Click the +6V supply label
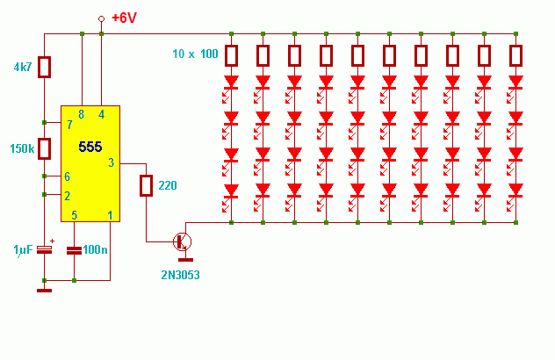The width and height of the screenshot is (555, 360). tap(124, 18)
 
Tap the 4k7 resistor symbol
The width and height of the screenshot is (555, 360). tap(44, 67)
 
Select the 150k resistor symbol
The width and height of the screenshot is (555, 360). tap(44, 148)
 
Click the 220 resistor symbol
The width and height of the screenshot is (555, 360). tap(146, 185)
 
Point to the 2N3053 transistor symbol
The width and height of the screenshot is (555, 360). tap(183, 242)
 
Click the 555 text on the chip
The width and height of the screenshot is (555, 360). tap(90, 147)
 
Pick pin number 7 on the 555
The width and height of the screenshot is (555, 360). tap(69, 125)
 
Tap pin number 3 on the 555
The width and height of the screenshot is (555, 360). tap(112, 162)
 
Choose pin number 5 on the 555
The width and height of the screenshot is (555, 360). tap(75, 215)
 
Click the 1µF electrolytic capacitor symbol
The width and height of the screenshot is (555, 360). tap(44, 249)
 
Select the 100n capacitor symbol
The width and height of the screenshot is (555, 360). tap(74, 250)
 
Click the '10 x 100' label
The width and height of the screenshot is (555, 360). tap(195, 54)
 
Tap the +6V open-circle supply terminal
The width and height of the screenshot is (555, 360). tap(101, 18)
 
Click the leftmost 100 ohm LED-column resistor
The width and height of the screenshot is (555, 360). tap(232, 55)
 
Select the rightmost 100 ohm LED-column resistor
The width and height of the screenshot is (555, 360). tap(516, 55)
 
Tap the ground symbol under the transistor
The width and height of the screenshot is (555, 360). tap(185, 260)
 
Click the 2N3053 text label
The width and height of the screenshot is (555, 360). tap(181, 275)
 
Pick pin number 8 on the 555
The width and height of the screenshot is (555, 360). tap(82, 114)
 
